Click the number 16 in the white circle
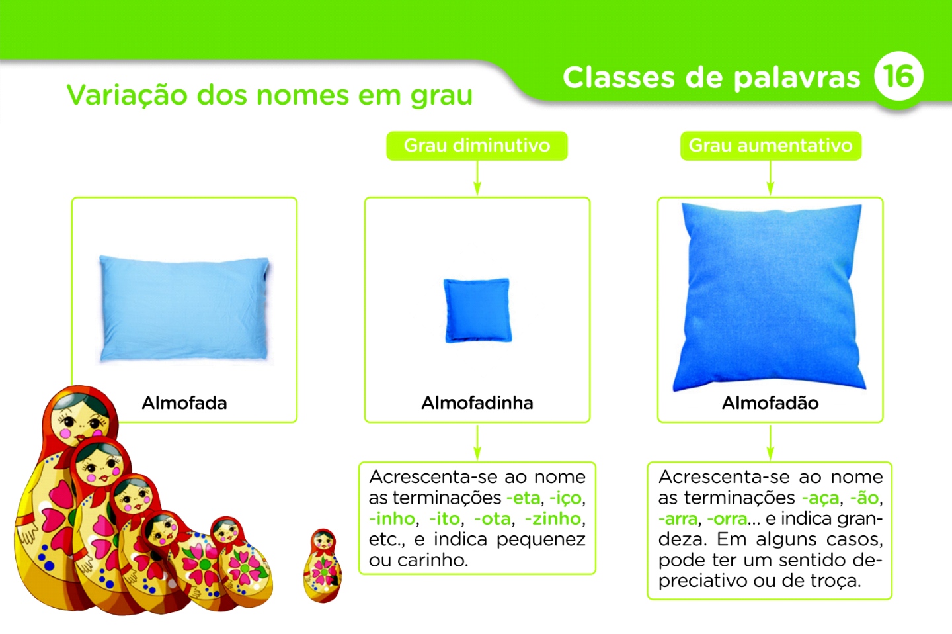[898, 76]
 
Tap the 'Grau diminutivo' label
[477, 146]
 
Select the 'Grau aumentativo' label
[770, 146]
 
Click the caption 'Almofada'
[184, 403]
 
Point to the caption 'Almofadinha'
[477, 403]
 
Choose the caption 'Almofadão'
[770, 403]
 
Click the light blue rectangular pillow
[184, 308]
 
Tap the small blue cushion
[477, 310]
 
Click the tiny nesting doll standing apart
[323, 566]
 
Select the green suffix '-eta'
[523, 498]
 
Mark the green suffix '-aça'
[820, 498]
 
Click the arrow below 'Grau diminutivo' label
[477, 179]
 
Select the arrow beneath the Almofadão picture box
[770, 442]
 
